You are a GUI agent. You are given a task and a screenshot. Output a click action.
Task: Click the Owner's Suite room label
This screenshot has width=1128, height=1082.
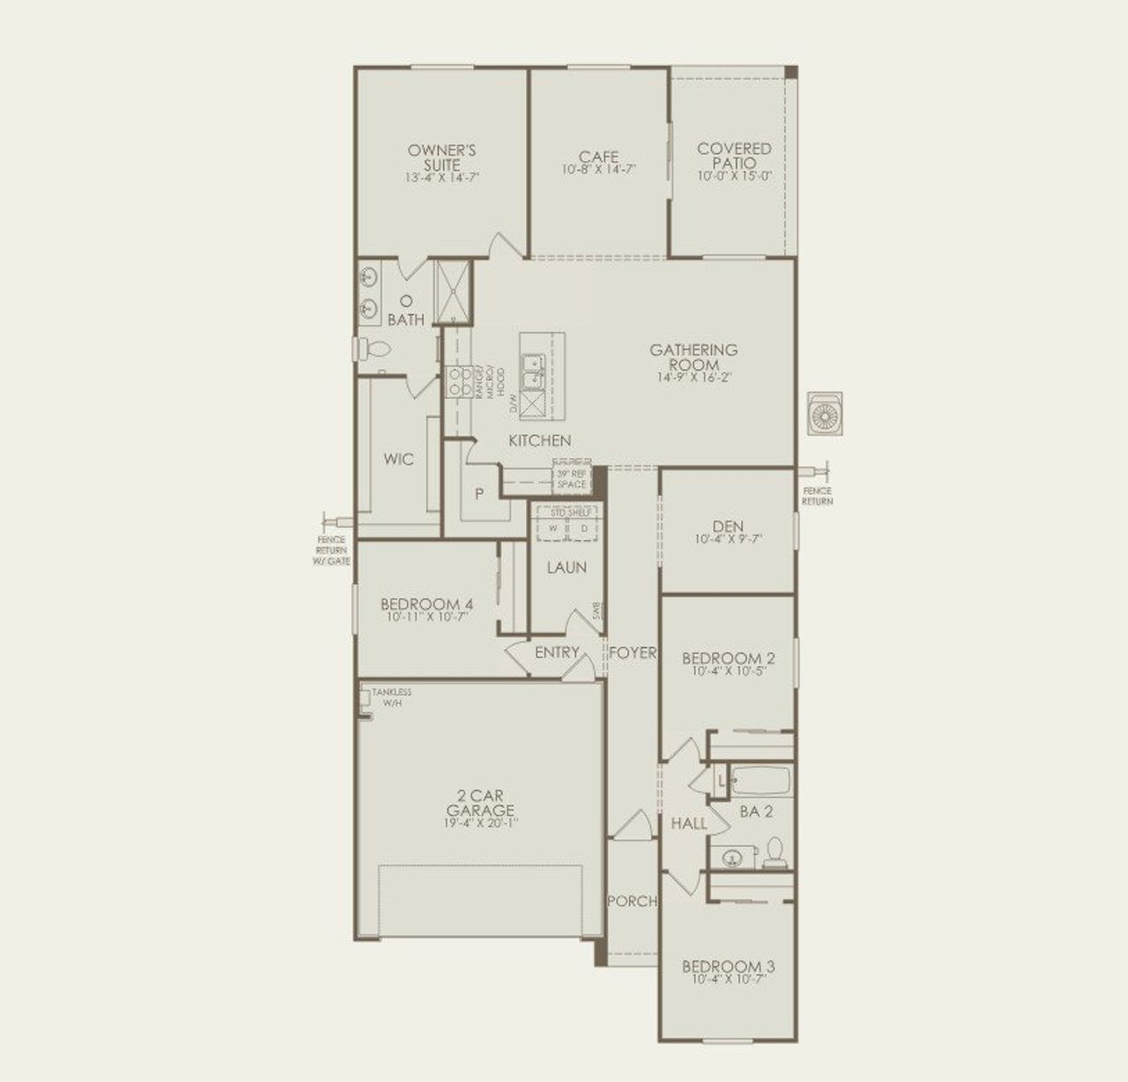442,157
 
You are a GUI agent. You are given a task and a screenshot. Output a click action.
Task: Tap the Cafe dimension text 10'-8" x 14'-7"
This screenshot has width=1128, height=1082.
599,169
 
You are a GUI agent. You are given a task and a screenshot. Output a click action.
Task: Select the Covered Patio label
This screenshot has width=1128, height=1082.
734,156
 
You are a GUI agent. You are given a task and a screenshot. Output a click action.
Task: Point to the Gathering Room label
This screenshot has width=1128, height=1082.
694,357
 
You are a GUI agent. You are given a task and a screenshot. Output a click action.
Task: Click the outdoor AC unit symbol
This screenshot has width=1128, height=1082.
826,414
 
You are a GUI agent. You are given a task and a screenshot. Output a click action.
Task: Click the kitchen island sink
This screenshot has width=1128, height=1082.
532,371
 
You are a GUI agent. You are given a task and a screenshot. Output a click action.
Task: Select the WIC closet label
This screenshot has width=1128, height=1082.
398,459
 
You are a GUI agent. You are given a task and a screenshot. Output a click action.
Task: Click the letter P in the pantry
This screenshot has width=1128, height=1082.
479,494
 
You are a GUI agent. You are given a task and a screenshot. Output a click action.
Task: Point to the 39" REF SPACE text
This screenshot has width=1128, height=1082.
571,479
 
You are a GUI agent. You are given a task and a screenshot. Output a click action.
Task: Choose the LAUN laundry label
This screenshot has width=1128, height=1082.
567,567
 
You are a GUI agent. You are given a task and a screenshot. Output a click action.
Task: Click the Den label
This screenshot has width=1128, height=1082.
728,527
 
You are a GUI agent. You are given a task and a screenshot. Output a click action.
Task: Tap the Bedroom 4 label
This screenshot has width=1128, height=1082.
427,604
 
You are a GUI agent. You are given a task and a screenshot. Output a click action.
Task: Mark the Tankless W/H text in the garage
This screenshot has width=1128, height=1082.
390,698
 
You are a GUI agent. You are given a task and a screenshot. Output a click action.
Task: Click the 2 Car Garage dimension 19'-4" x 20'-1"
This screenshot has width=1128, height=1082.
480,824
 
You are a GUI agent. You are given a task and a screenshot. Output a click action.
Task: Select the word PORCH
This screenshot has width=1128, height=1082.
632,901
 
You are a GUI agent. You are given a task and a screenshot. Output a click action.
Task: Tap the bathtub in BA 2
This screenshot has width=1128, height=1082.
761,781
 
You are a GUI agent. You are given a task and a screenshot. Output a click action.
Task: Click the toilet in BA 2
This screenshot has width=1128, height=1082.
775,853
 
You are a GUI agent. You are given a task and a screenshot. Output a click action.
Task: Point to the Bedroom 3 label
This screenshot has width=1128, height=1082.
728,967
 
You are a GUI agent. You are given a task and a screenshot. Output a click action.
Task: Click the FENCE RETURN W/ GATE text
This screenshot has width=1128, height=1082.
331,550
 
